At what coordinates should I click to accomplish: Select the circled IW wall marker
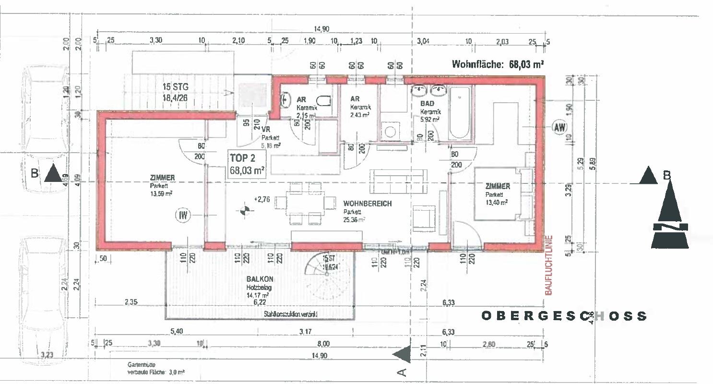[x=183, y=216]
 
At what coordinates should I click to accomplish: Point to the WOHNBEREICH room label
[x=367, y=204]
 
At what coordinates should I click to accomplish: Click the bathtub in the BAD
[x=459, y=113]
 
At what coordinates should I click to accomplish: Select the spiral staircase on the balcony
[x=327, y=274]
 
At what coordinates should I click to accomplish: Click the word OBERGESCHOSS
[x=564, y=316]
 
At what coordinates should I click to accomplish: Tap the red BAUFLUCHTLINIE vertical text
[x=549, y=264]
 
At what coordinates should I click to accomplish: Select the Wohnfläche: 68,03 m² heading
[x=498, y=64]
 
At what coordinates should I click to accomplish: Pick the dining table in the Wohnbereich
[x=306, y=202]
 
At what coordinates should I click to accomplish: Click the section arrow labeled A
[x=402, y=354]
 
